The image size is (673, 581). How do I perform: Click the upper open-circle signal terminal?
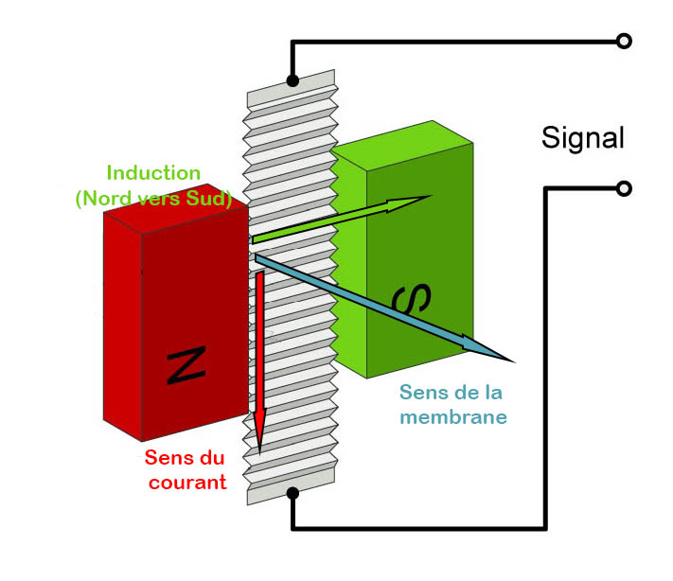point(623,41)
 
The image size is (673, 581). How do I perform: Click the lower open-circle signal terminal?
point(623,188)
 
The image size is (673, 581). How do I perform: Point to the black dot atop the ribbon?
point(292,81)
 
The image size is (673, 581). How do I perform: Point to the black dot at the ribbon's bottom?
point(292,492)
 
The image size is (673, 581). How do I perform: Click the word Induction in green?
point(153,173)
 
